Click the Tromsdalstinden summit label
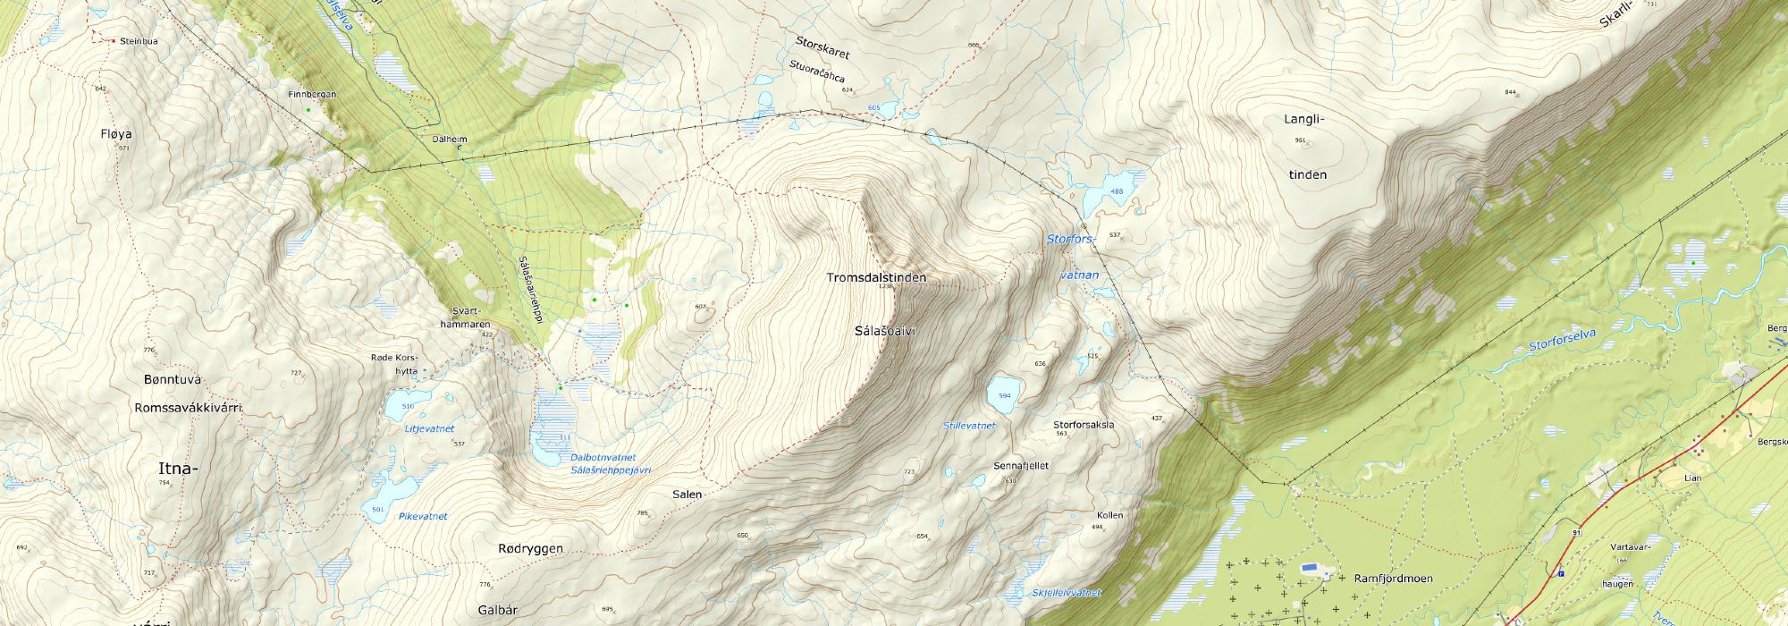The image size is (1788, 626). pos(875,278)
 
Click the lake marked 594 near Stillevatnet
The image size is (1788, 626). pos(1001,394)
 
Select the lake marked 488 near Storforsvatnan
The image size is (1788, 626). pos(1112,191)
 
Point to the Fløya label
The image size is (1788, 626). pos(116,134)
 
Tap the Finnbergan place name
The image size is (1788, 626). pos(312,94)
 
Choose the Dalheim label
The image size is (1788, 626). pos(449,140)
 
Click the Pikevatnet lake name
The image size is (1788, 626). pos(423,516)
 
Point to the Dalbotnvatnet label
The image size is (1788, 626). pos(603,458)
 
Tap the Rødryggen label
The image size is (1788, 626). pos(530,548)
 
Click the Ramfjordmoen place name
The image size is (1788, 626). pos(1393,579)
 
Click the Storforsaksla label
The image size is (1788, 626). pos(1084,425)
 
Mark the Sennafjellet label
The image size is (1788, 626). pos(1021,466)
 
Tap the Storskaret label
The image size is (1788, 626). pos(822,47)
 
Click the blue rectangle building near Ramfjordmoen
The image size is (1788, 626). pos(1310,567)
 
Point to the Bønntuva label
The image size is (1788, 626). pos(168,380)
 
